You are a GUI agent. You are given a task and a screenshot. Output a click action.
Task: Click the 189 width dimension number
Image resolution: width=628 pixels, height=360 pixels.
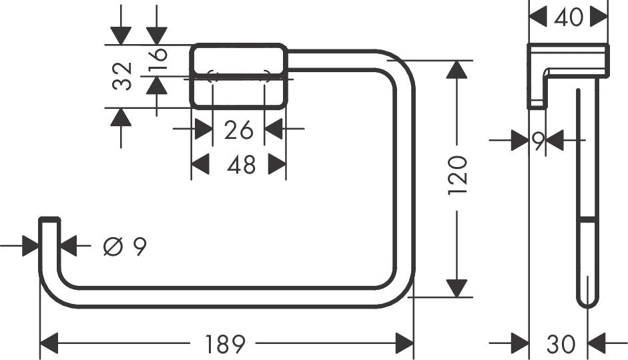(x=226, y=345)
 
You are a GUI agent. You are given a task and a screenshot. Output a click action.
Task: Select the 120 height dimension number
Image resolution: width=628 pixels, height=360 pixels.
(x=457, y=175)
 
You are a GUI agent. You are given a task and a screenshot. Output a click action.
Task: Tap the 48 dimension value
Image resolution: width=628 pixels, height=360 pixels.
(x=240, y=164)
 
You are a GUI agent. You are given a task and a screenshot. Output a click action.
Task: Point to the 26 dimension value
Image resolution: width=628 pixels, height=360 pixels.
(x=239, y=130)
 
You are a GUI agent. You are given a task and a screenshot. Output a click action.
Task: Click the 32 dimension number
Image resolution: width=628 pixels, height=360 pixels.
(x=122, y=75)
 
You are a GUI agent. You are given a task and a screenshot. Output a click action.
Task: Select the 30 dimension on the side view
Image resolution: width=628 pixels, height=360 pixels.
(x=560, y=345)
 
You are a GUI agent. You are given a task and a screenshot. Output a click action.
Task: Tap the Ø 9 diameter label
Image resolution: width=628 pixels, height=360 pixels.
(x=125, y=247)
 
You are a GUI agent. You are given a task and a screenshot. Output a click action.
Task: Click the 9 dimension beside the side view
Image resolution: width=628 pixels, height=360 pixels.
(x=538, y=140)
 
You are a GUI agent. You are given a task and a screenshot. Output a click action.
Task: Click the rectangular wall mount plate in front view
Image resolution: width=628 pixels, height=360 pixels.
(x=239, y=75)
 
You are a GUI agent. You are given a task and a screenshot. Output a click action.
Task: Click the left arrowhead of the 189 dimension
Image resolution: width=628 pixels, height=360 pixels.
(x=49, y=345)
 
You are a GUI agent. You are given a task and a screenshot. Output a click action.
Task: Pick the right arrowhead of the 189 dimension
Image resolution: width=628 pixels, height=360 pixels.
(x=404, y=345)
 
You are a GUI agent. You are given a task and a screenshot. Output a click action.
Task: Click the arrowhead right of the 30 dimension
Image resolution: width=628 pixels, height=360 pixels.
(x=597, y=345)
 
